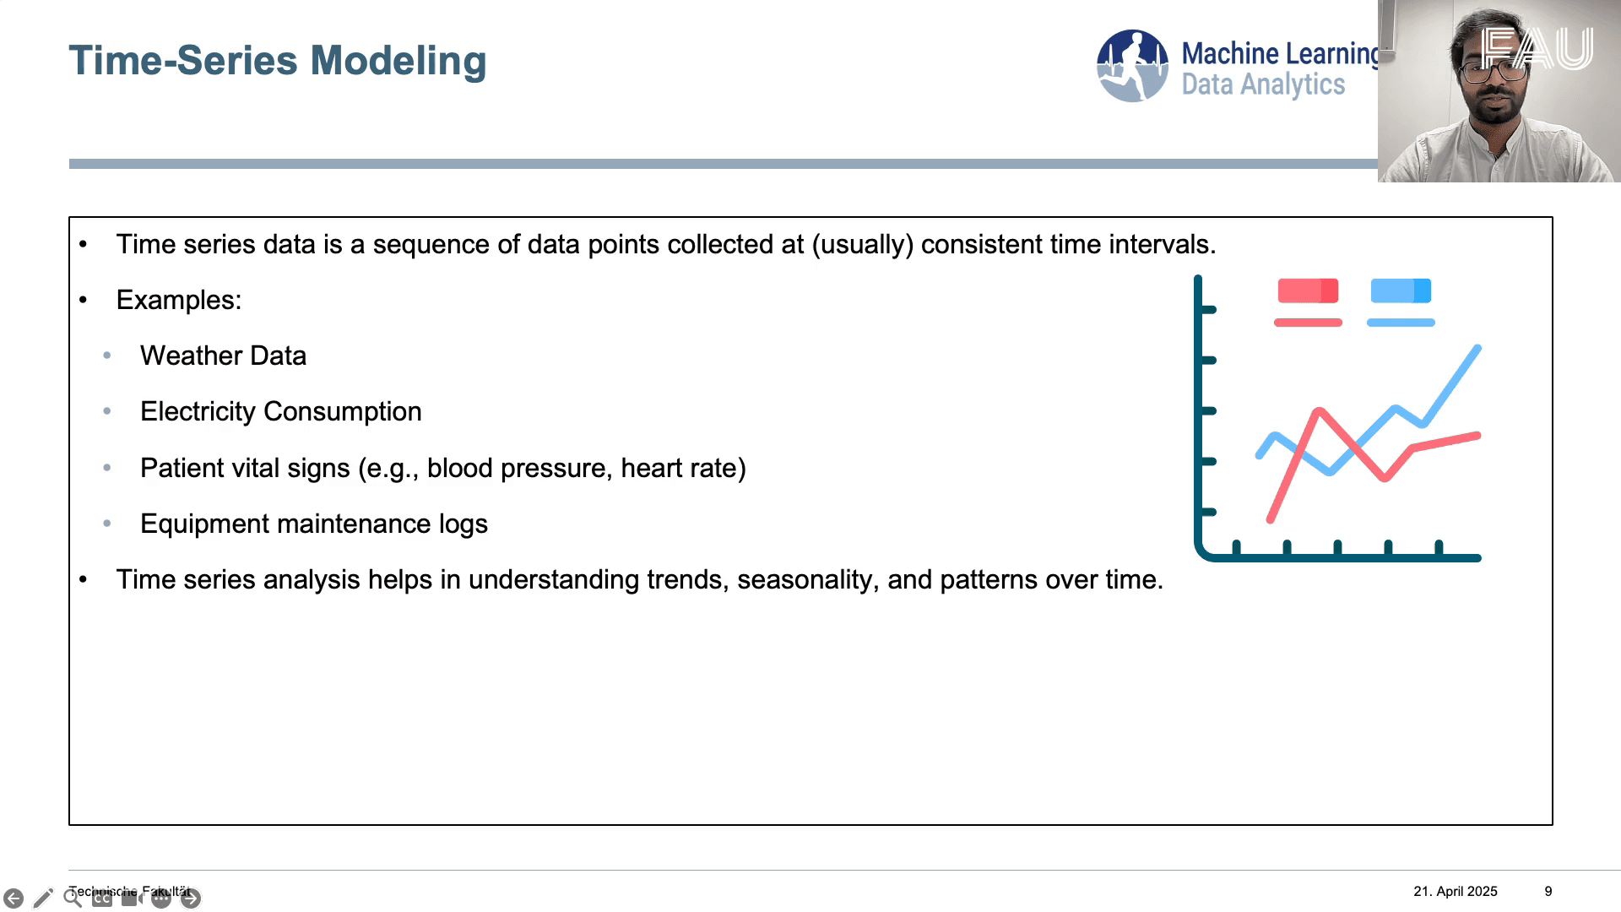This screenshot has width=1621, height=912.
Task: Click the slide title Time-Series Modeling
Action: pyautogui.click(x=277, y=61)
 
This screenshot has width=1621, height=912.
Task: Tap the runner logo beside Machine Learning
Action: pyautogui.click(x=1132, y=66)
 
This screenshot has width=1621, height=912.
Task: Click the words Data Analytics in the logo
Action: pyautogui.click(x=1263, y=84)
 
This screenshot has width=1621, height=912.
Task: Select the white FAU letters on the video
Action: pyautogui.click(x=1537, y=48)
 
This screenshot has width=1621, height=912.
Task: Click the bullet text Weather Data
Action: pyautogui.click(x=223, y=356)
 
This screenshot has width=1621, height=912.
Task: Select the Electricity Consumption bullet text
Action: pyautogui.click(x=280, y=411)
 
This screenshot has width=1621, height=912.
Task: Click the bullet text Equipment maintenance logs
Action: pyautogui.click(x=313, y=524)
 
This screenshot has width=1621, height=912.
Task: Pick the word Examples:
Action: pyautogui.click(x=179, y=300)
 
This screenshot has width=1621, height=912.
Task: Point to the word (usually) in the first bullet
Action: pyautogui.click(x=863, y=244)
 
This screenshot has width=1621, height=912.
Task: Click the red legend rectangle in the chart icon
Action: pyautogui.click(x=1308, y=290)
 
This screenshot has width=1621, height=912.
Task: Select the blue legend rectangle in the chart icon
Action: pyautogui.click(x=1401, y=290)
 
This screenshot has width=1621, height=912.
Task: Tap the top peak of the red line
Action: pyautogui.click(x=1319, y=411)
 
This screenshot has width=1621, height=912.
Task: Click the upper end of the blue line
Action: pyautogui.click(x=1477, y=347)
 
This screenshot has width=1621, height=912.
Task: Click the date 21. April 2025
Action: pyautogui.click(x=1455, y=891)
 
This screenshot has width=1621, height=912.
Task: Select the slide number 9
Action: pyautogui.click(x=1548, y=891)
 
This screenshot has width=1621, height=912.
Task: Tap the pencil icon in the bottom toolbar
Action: pyautogui.click(x=43, y=898)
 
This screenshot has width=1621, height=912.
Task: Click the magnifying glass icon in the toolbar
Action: pyautogui.click(x=73, y=898)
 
